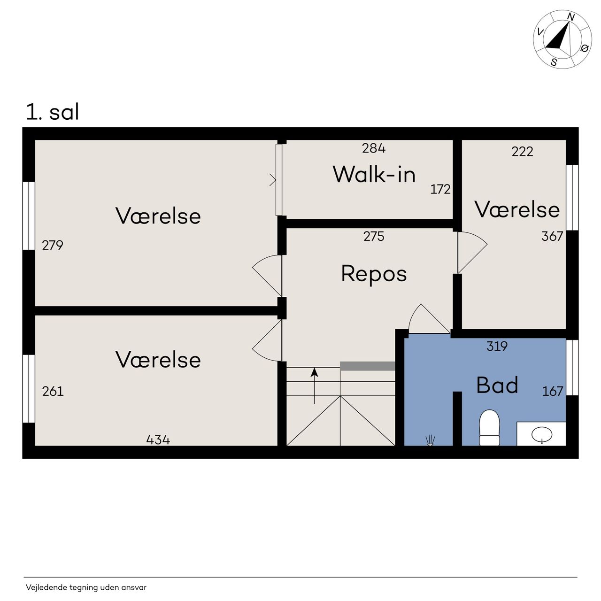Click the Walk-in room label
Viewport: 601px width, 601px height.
tap(374, 174)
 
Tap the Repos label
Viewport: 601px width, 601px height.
tap(374, 274)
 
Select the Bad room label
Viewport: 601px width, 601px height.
tap(497, 385)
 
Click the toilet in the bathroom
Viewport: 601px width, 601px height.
tap(489, 428)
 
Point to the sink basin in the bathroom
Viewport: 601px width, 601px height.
tap(542, 434)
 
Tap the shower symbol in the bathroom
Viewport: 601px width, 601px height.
tap(430, 440)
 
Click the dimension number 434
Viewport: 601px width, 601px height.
tap(158, 440)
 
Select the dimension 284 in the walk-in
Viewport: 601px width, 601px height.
tap(374, 148)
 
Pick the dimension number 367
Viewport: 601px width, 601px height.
tap(552, 236)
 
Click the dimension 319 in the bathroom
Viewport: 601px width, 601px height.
tap(497, 346)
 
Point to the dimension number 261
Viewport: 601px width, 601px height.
tap(53, 391)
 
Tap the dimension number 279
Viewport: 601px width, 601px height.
tap(53, 245)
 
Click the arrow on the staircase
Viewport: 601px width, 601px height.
tap(315, 386)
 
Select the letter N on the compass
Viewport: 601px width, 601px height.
tap(570, 17)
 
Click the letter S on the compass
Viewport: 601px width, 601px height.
tap(554, 62)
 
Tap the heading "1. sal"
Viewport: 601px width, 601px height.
tap(53, 112)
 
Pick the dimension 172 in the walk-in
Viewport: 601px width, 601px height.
tap(440, 189)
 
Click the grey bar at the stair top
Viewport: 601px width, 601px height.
tap(367, 366)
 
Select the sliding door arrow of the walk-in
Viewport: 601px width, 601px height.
tap(273, 180)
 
